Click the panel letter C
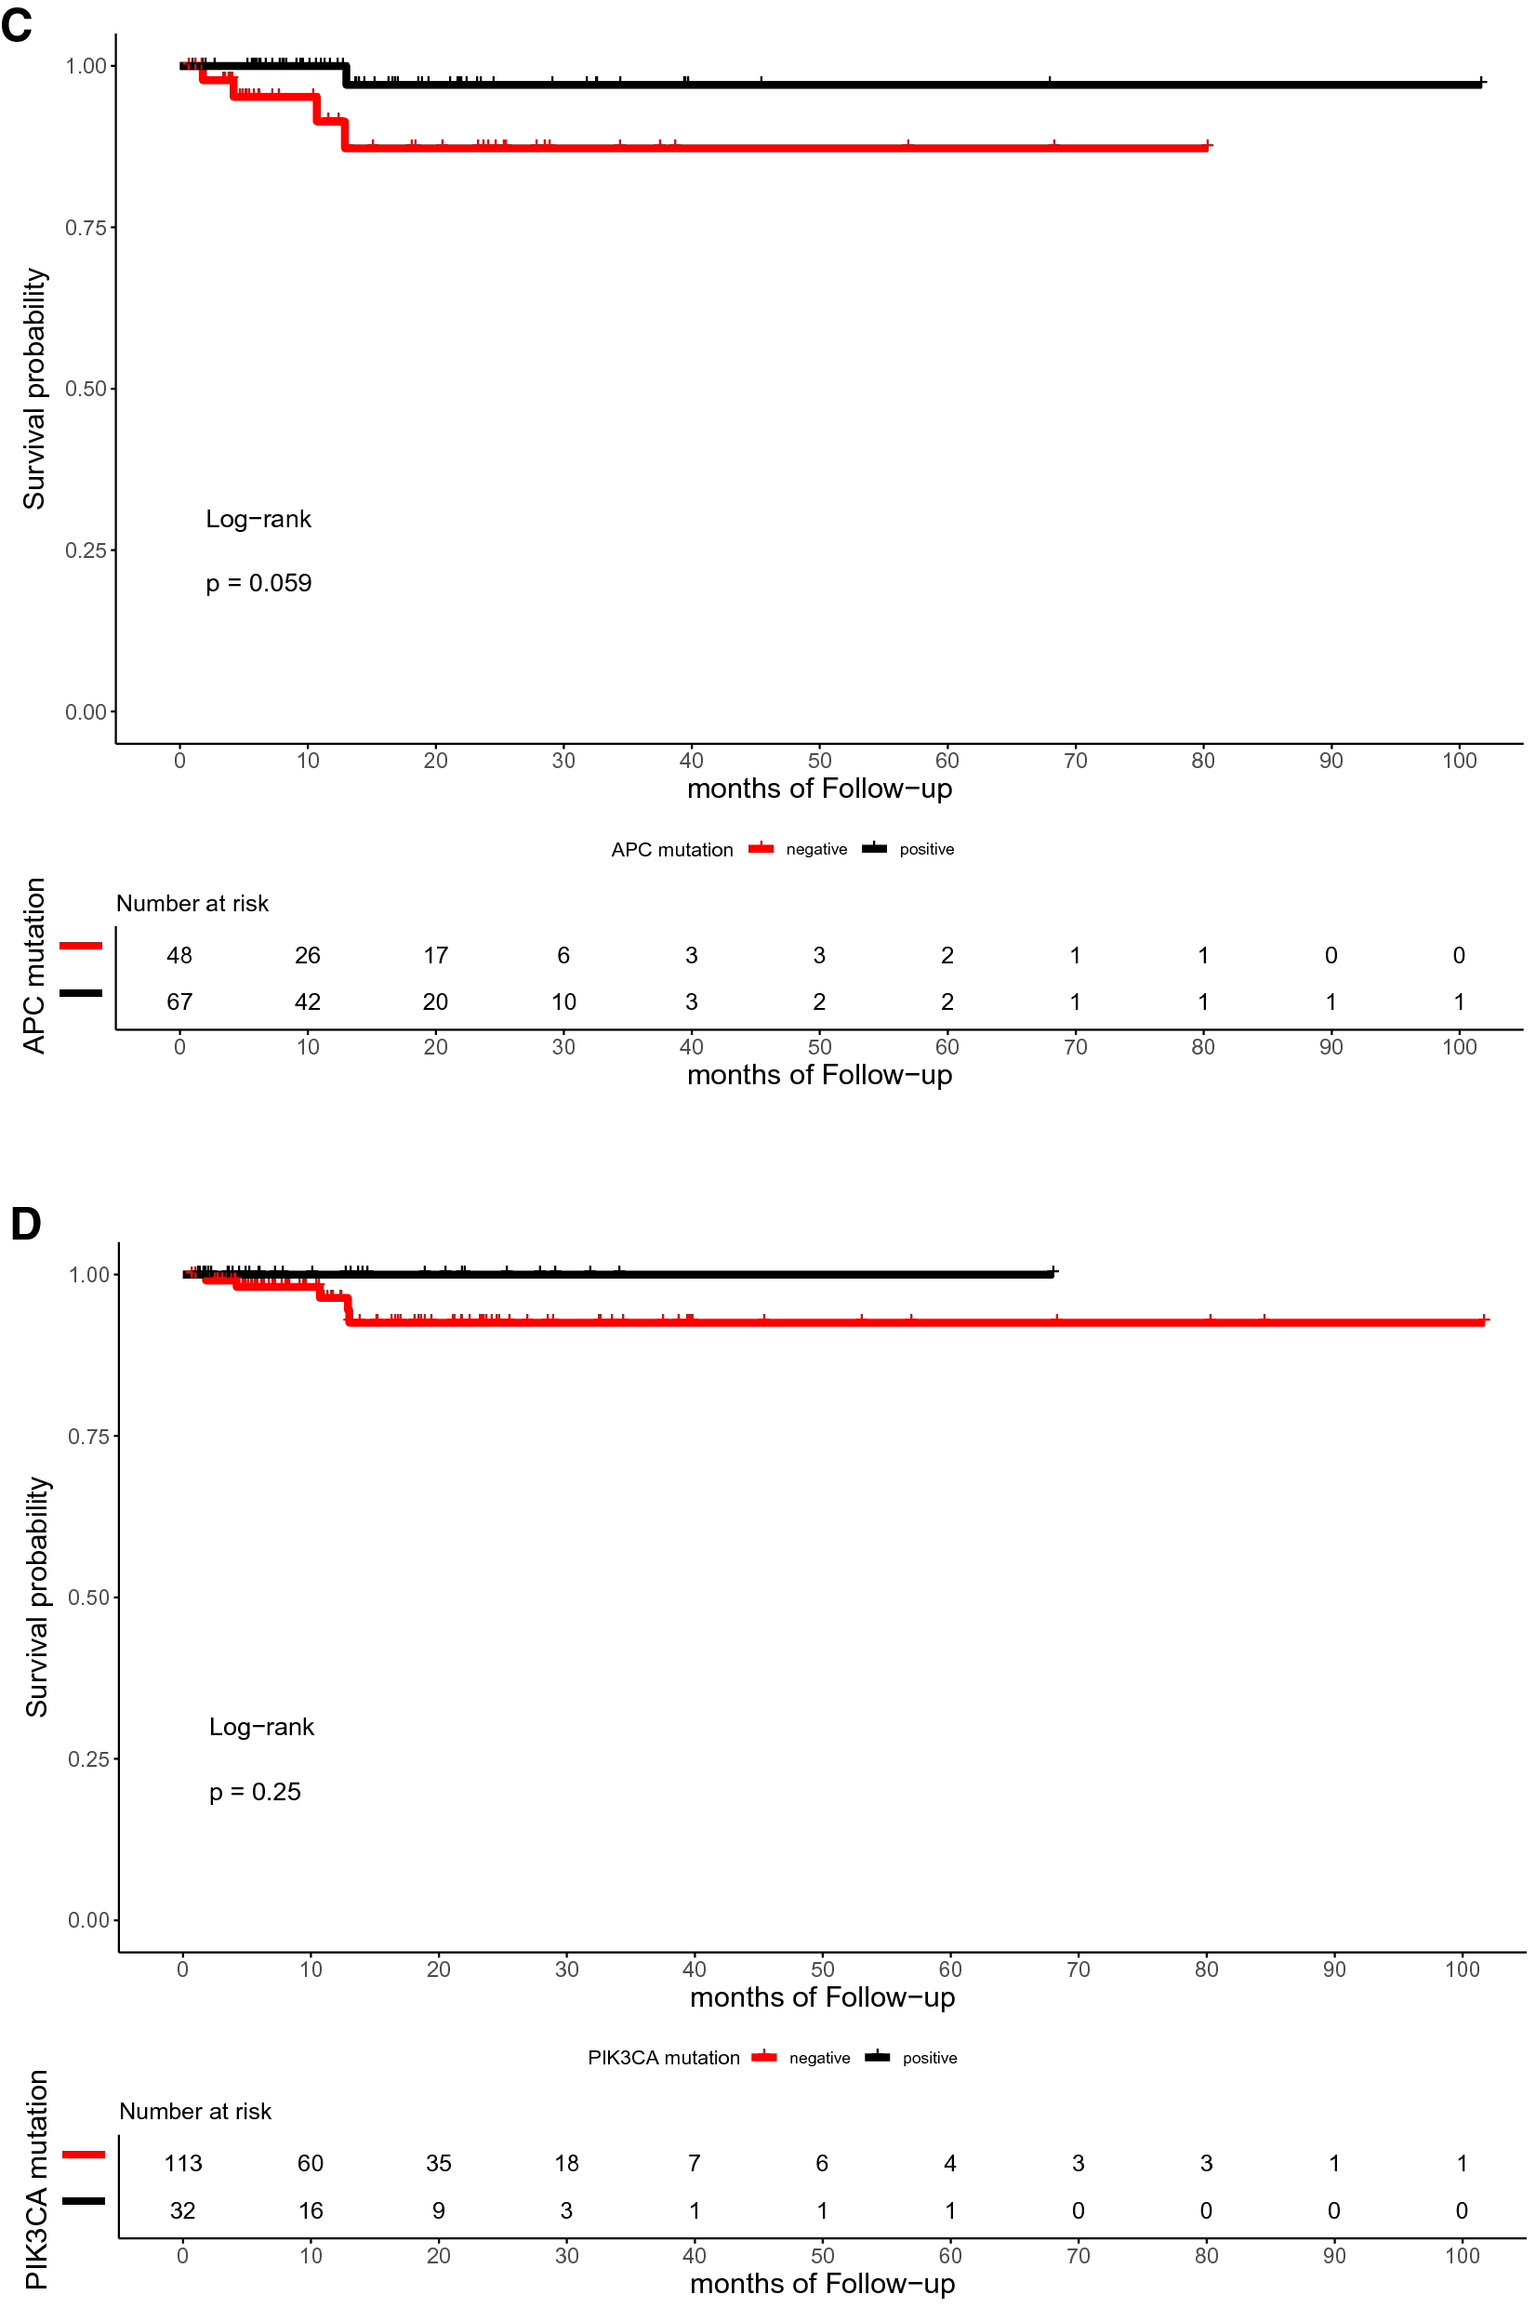17,23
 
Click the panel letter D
25,1224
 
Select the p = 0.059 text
258,584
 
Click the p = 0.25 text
255,1792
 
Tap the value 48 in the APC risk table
179,955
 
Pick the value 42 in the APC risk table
308,1002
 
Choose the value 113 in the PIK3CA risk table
183,2163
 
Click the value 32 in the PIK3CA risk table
183,2211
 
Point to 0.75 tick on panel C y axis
86,228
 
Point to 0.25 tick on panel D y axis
88,1759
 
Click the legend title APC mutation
672,850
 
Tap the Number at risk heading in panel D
195,2112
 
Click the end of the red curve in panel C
1209,147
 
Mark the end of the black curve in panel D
1053,1274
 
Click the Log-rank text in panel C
258,519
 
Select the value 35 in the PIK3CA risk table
439,2163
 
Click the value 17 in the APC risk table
436,955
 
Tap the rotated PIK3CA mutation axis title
37,2180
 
